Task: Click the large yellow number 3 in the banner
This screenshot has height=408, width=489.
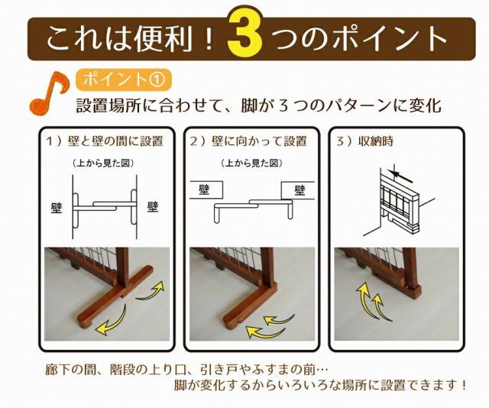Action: tap(244, 34)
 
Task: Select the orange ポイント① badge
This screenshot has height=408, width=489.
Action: tap(124, 79)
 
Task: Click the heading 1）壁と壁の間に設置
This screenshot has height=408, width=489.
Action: tap(105, 141)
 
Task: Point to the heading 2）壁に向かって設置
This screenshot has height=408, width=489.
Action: tap(248, 141)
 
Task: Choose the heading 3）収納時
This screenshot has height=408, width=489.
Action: tap(364, 141)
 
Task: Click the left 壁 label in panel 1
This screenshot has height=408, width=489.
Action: tap(57, 208)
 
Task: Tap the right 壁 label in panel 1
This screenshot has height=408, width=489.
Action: tap(153, 206)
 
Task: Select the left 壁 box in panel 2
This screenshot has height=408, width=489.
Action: tap(206, 189)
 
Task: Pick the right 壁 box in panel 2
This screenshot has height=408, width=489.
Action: tap(298, 190)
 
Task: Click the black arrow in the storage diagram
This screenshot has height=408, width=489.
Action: tap(403, 176)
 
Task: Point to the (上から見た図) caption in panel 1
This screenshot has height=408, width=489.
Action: tap(103, 163)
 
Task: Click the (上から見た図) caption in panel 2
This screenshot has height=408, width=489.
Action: tap(251, 163)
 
